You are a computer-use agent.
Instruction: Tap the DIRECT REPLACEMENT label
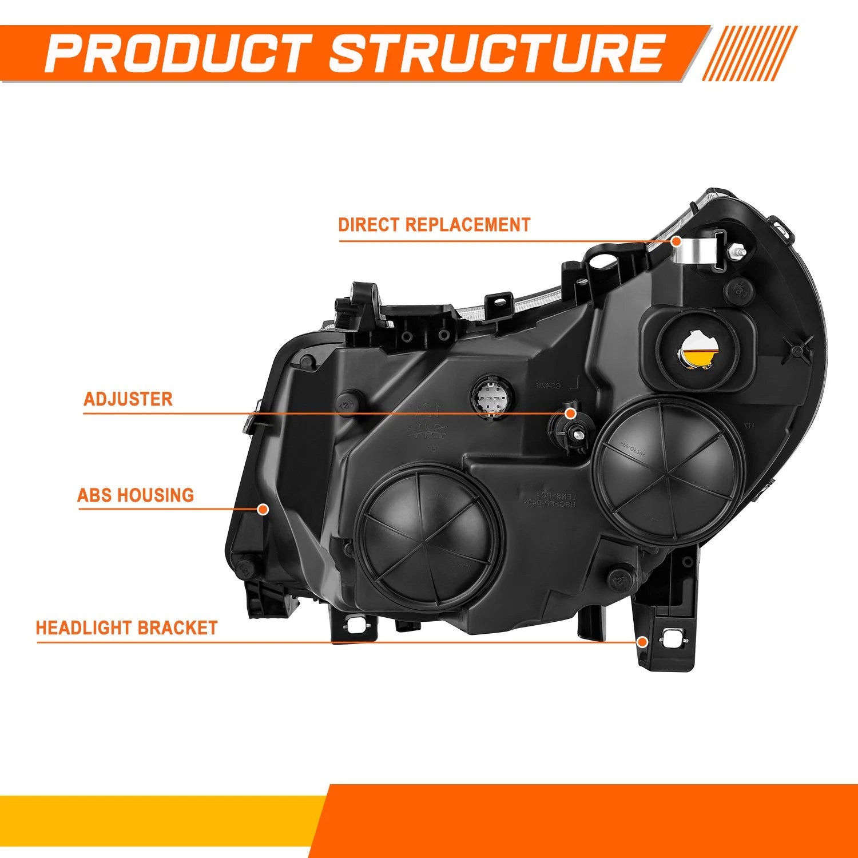tap(434, 225)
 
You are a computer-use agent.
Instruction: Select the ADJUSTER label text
tap(128, 399)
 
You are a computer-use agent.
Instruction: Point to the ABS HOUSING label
tap(136, 495)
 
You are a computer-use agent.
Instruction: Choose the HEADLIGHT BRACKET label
tap(126, 627)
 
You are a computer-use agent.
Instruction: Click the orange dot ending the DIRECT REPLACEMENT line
tap(677, 241)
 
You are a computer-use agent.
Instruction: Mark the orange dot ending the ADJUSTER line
tap(570, 413)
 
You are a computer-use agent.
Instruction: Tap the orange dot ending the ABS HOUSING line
tap(263, 509)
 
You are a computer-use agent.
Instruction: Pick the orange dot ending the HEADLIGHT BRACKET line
tap(642, 642)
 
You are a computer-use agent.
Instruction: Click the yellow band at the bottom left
tap(160, 820)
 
